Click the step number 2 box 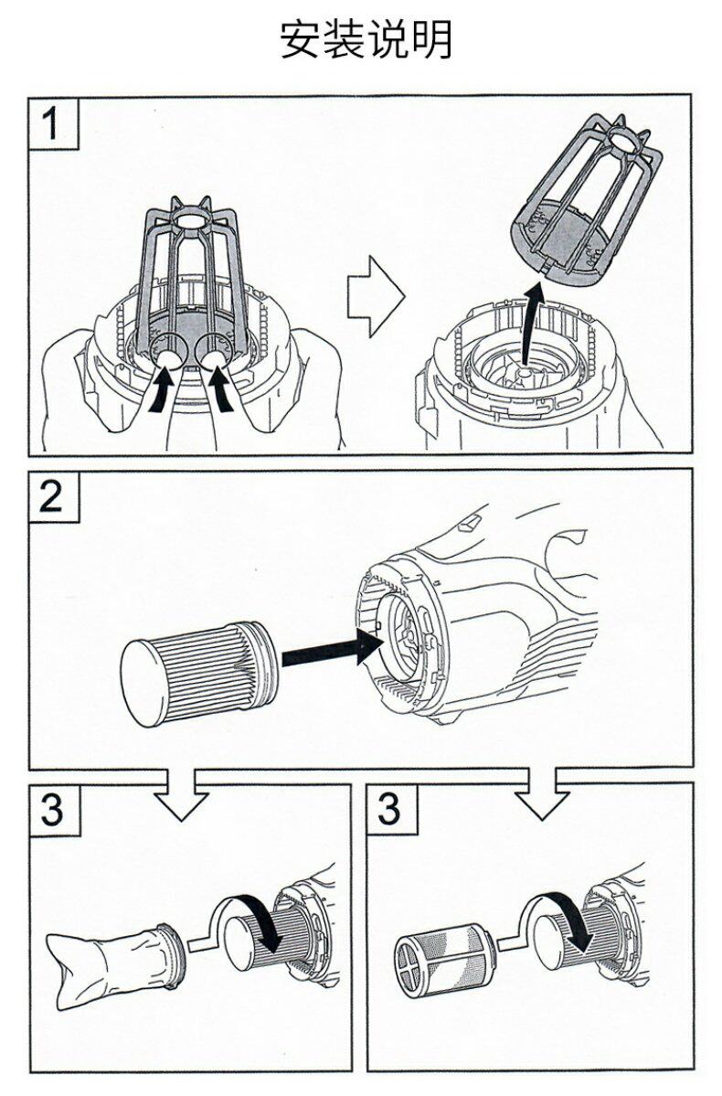coord(53,496)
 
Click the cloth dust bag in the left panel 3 coord(110,960)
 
